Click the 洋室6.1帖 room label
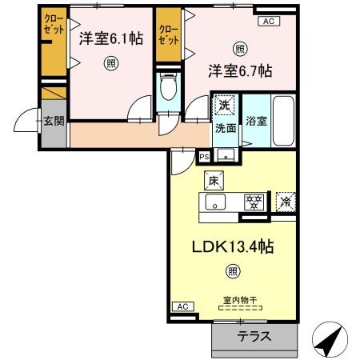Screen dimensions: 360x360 coord(111,38)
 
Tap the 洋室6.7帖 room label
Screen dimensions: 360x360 coord(241,71)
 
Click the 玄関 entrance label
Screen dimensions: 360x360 coord(54,122)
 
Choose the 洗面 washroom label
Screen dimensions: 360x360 coord(224,128)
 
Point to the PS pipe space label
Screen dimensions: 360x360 coord(204,156)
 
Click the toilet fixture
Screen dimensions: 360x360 coord(168,87)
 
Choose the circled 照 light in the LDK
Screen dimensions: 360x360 coord(232,273)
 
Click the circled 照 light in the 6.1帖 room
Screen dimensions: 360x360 coord(111,64)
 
